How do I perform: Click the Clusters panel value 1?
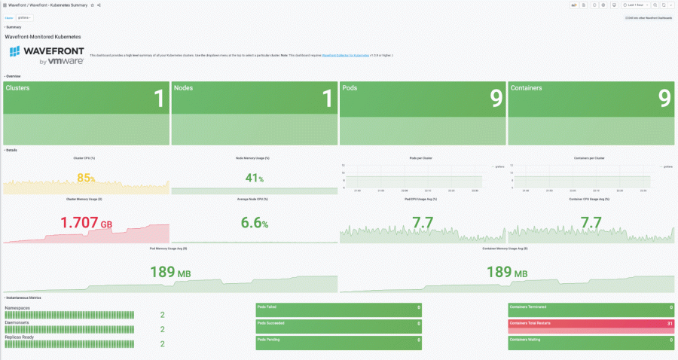point(158,98)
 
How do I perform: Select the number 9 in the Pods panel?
point(496,98)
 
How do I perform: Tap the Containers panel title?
point(526,88)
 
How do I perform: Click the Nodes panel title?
point(183,88)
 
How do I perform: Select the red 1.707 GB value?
point(86,223)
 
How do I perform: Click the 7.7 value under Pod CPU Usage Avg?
point(423,223)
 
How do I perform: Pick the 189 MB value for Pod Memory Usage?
point(169,272)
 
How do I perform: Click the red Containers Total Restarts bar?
point(591,325)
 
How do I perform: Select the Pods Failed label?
point(267,307)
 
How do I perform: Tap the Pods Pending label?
point(269,340)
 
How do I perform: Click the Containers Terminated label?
point(527,307)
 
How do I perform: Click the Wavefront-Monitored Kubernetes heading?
point(43,36)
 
